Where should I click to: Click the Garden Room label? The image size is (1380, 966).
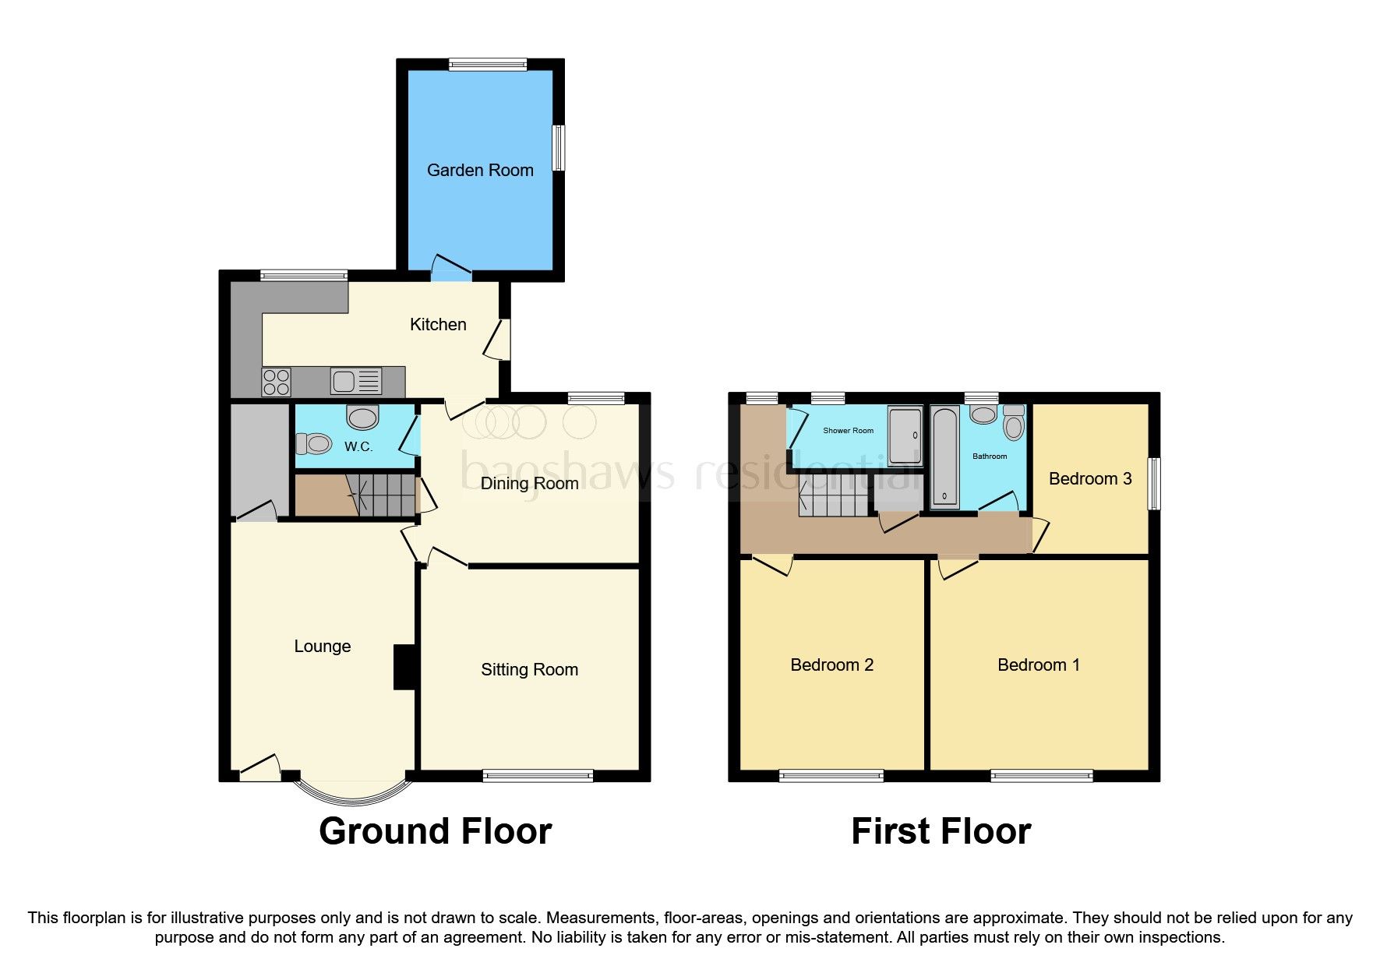(480, 170)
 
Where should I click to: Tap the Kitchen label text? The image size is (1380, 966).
(438, 324)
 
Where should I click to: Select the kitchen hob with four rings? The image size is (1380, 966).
(277, 382)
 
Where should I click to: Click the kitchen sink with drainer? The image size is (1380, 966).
(355, 381)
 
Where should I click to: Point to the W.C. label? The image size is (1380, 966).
(358, 446)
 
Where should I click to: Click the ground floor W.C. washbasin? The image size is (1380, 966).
(362, 418)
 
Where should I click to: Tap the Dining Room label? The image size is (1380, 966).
(529, 483)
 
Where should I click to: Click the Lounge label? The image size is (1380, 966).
(322, 646)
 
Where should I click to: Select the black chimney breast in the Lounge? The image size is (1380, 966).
(404, 667)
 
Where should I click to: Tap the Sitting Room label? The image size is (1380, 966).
(529, 669)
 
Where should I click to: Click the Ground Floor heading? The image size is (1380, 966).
(435, 831)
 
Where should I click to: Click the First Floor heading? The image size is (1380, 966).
(941, 831)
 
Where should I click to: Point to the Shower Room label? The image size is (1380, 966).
(848, 430)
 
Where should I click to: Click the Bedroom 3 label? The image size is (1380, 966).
(1089, 478)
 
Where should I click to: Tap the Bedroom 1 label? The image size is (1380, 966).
(1038, 665)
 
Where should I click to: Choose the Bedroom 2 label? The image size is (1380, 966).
(831, 665)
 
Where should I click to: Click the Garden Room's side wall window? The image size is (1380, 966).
(559, 148)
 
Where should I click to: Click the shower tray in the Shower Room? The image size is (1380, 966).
(905, 436)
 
